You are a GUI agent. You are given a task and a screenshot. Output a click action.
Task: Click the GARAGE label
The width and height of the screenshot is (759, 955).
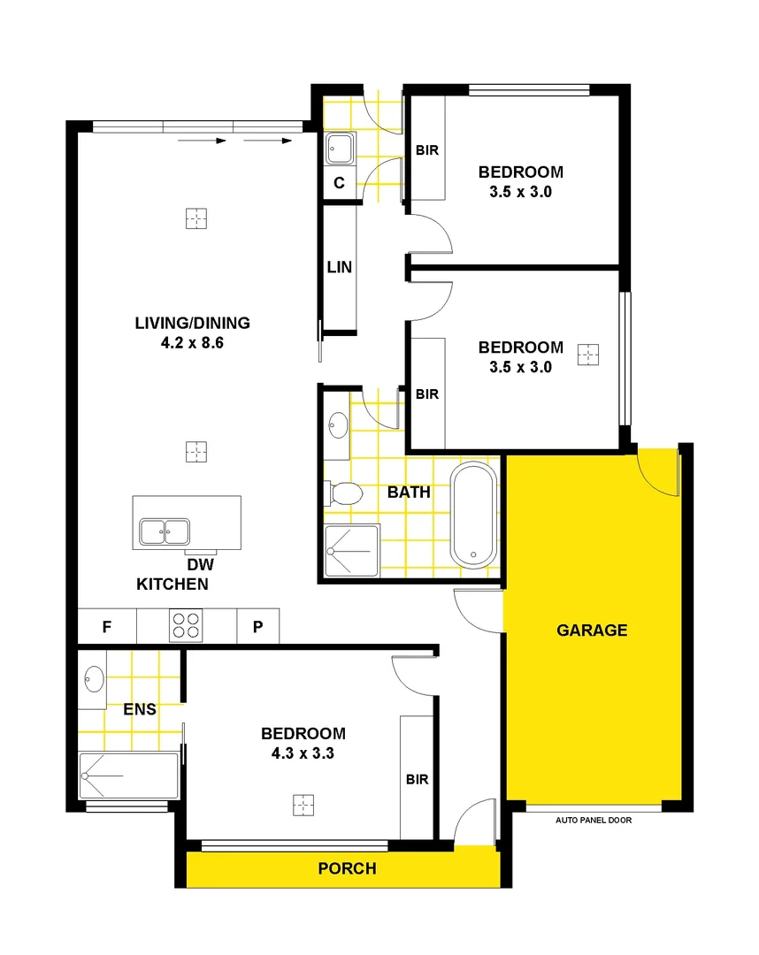[x=592, y=630]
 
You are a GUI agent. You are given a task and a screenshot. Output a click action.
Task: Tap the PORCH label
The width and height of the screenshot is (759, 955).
[x=347, y=868]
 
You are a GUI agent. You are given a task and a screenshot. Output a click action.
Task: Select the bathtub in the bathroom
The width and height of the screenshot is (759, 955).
[x=474, y=515]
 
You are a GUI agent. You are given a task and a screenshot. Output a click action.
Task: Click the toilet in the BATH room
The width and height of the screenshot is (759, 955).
[x=345, y=493]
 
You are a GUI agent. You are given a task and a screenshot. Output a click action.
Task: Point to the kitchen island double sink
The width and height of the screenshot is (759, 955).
[x=164, y=531]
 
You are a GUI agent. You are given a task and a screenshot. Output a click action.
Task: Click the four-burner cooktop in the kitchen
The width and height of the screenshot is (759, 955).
[x=186, y=626]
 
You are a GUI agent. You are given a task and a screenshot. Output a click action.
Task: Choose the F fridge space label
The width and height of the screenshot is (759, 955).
[x=106, y=627]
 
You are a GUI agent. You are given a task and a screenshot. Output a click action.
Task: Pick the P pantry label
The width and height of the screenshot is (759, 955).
[x=258, y=627]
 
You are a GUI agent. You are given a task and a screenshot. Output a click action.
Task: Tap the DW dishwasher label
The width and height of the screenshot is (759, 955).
[x=201, y=564]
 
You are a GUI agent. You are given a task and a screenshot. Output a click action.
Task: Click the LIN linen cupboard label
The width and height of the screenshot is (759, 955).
[x=339, y=267]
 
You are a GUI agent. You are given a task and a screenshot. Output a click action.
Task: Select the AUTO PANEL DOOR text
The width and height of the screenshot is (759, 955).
[x=593, y=820]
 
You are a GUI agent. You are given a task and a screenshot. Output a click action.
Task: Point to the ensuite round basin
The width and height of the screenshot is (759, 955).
[x=94, y=679]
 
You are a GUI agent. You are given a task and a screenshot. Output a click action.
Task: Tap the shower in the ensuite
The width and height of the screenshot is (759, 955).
[x=128, y=775]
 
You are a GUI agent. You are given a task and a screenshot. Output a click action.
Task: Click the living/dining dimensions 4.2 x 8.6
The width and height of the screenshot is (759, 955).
[x=192, y=343]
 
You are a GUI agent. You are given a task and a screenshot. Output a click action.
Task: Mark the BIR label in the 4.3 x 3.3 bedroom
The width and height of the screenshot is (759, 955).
[x=418, y=779]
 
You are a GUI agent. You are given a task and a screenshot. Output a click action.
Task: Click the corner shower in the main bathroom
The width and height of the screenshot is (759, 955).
[x=351, y=552]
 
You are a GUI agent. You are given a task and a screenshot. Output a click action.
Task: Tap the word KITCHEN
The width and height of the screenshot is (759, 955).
[x=172, y=584]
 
